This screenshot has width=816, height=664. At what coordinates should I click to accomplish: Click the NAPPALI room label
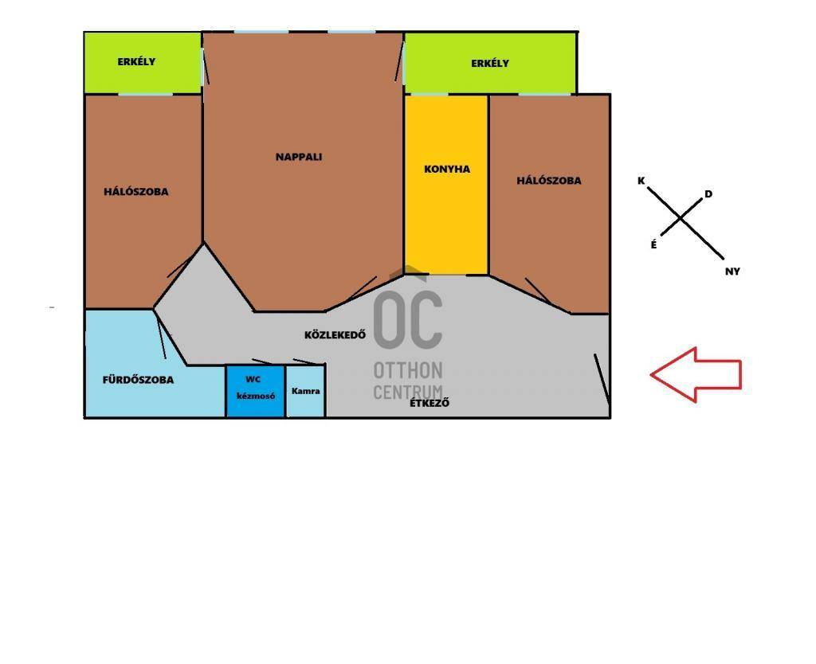299,157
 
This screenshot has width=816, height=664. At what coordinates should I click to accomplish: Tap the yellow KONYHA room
446,185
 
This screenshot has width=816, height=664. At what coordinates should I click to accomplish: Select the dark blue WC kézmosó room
255,391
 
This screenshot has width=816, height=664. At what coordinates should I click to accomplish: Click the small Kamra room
305,391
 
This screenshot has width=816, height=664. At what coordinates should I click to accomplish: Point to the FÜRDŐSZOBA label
138,380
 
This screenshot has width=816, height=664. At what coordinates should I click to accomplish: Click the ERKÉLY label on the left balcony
136,61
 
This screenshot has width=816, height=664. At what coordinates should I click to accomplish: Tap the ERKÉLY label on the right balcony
490,64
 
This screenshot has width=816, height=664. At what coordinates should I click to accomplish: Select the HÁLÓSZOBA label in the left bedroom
135,191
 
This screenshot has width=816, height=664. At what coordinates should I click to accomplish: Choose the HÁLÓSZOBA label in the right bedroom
548,181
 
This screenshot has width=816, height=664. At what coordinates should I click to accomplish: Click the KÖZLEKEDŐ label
335,335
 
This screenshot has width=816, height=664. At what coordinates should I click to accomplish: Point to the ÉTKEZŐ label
430,402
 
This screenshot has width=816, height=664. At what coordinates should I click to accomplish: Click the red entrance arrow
696,374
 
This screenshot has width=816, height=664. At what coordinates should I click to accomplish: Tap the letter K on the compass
641,181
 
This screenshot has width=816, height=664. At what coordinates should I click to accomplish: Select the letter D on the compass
708,194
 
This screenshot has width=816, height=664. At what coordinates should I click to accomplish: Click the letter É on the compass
653,244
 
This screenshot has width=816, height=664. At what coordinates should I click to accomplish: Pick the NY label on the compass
732,271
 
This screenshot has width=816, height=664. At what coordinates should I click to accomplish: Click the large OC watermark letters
408,319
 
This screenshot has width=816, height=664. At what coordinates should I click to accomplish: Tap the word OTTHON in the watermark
408,370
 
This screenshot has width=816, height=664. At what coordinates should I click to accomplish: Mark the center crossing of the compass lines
681,219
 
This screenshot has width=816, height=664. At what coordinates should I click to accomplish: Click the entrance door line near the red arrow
602,379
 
